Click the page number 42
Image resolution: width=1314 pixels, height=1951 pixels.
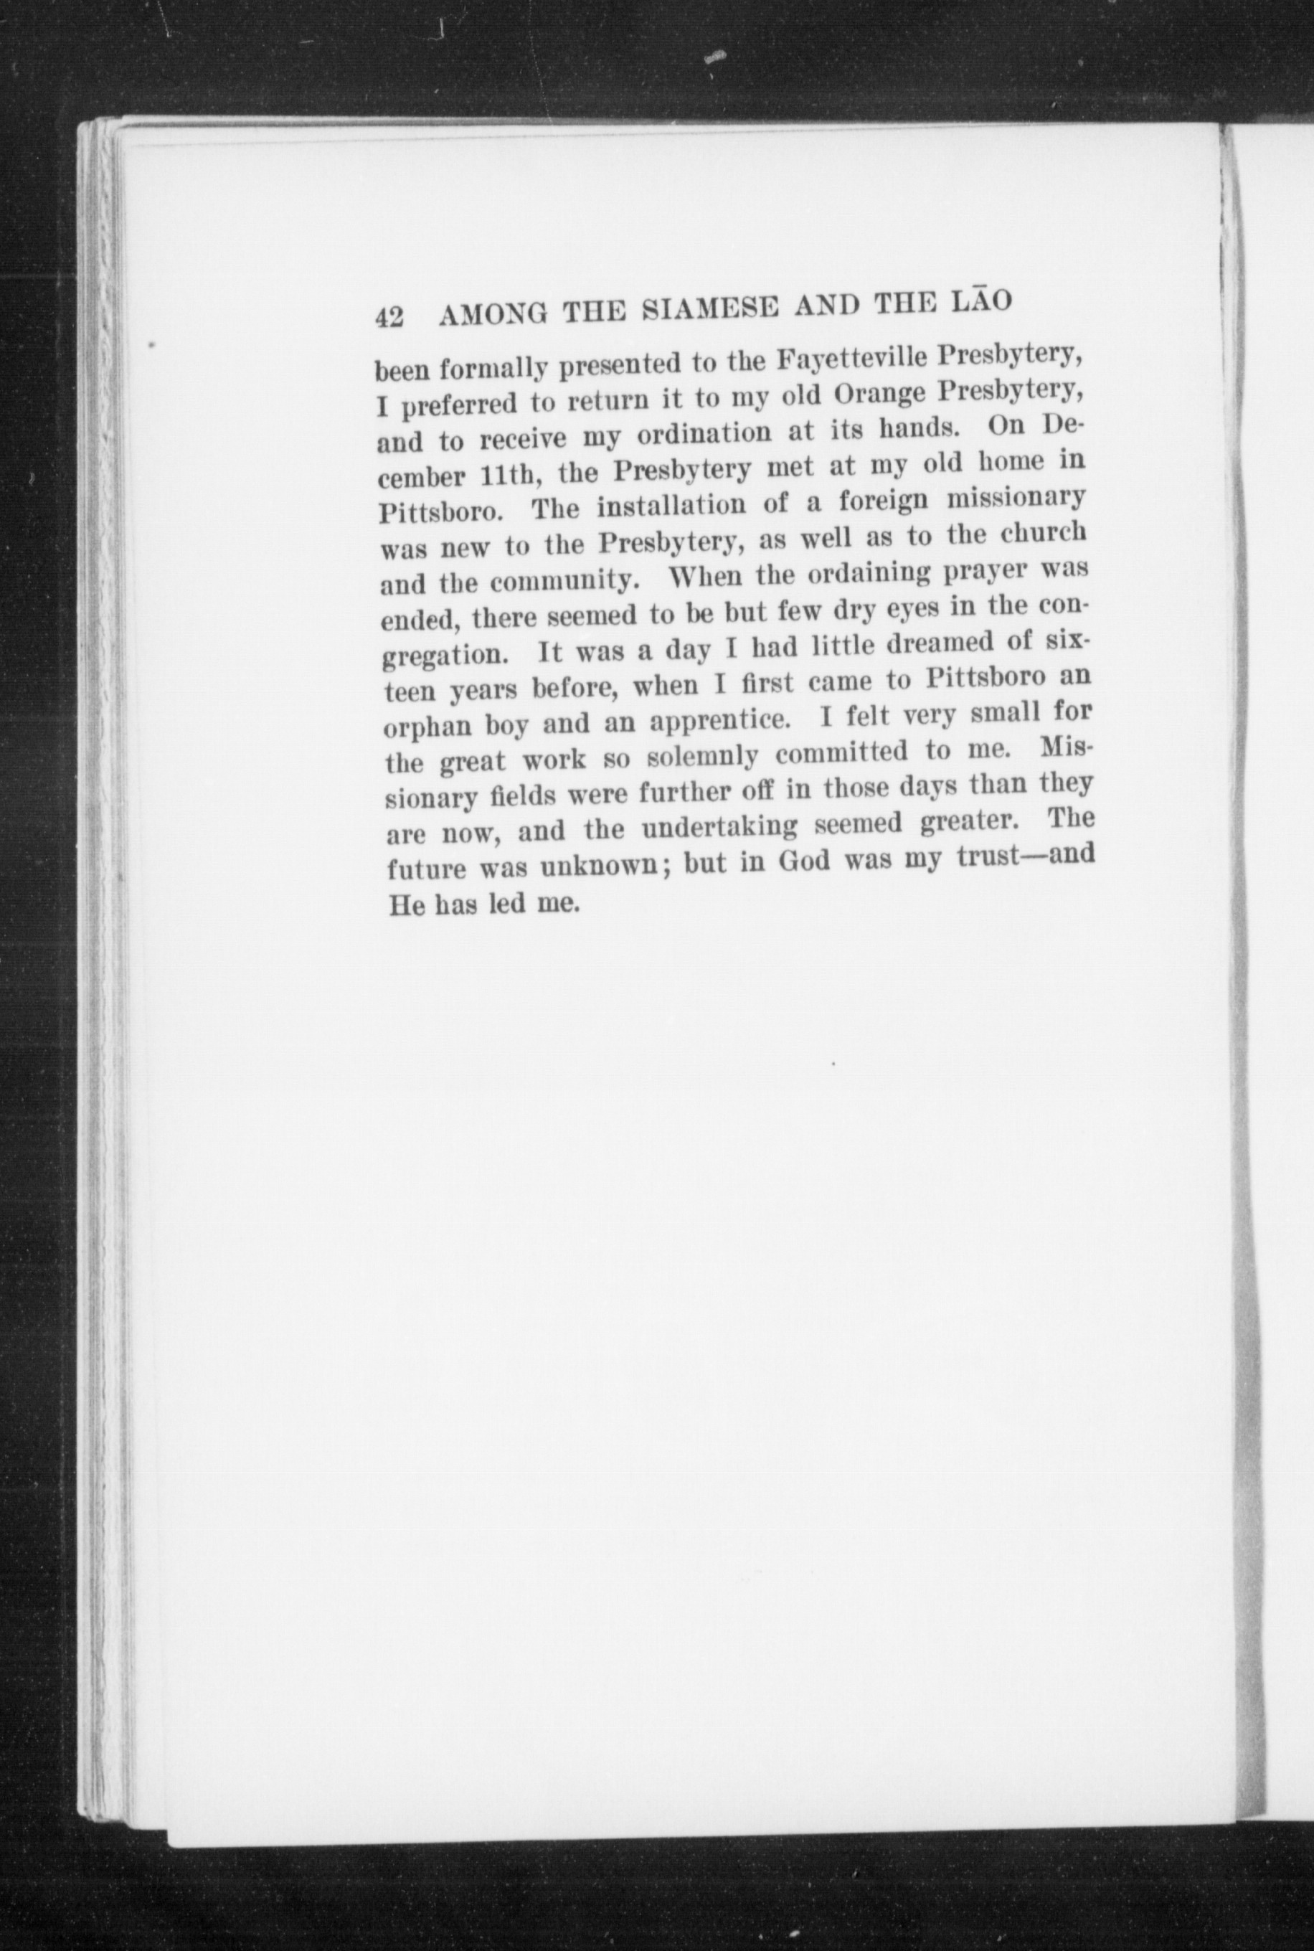tap(390, 318)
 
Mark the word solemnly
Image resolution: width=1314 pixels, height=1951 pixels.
tap(703, 757)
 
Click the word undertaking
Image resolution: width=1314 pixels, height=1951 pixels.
tap(720, 828)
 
